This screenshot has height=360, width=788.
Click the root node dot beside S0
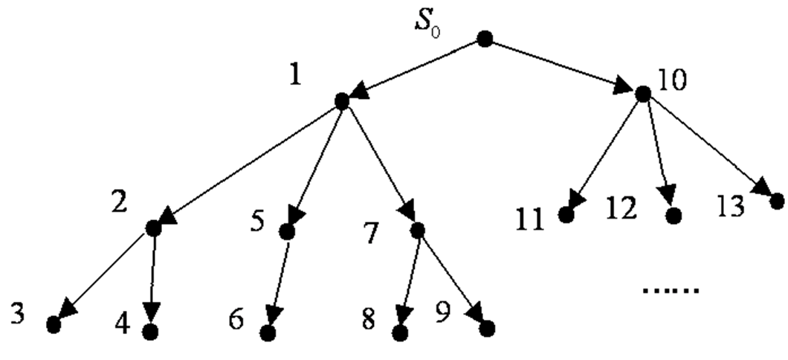[x=485, y=39]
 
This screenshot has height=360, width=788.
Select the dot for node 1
[x=342, y=101]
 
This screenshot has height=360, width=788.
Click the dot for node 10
[x=642, y=94]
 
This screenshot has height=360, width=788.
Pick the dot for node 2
[x=153, y=228]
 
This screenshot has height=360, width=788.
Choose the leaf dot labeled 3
[x=53, y=324]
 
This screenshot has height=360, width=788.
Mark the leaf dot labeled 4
[x=151, y=332]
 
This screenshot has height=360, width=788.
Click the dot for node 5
[x=286, y=232]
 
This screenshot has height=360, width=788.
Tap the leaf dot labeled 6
[x=269, y=332]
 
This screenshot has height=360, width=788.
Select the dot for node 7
[x=416, y=230]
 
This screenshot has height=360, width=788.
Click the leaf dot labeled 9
[x=487, y=327]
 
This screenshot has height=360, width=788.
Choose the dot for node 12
[x=674, y=216]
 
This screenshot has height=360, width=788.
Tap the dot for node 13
[x=777, y=201]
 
